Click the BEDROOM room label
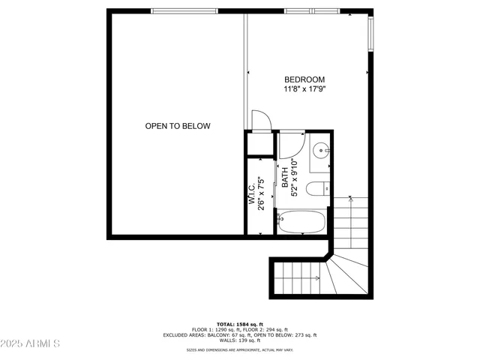tap(304, 79)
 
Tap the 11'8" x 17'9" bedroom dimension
tap(304, 89)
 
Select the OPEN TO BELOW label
tap(178, 126)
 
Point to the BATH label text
tap(285, 178)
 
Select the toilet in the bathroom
tap(317, 188)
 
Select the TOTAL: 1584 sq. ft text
tap(240, 323)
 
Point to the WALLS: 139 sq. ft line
tap(240, 341)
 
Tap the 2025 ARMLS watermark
tap(31, 343)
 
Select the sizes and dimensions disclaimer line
tap(240, 350)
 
